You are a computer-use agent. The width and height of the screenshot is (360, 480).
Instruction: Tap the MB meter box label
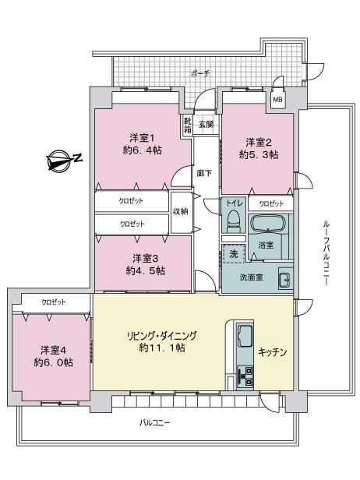click(277, 100)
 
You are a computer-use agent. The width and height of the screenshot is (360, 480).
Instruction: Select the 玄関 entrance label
click(206, 125)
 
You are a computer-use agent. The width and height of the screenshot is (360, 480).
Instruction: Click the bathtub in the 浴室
click(269, 224)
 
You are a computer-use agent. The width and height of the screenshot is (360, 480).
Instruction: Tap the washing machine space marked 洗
click(234, 253)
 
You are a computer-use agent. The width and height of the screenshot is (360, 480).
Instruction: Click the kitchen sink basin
click(245, 336)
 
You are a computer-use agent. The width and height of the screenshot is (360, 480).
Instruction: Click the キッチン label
click(272, 352)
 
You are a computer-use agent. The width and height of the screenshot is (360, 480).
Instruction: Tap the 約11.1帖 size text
click(161, 348)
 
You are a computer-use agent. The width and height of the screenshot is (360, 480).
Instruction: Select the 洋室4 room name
click(54, 350)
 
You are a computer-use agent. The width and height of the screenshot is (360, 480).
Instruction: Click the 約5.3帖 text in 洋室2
click(259, 155)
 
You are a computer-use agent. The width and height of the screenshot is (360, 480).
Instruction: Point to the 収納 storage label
click(181, 211)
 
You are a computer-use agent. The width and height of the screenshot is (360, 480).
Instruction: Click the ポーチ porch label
click(200, 73)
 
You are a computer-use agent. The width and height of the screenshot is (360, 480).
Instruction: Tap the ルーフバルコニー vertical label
click(326, 252)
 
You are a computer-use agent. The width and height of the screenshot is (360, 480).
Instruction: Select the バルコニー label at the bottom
click(154, 423)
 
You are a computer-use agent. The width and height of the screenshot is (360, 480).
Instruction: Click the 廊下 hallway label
click(204, 174)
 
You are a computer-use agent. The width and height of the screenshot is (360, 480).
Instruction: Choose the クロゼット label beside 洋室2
click(271, 204)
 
